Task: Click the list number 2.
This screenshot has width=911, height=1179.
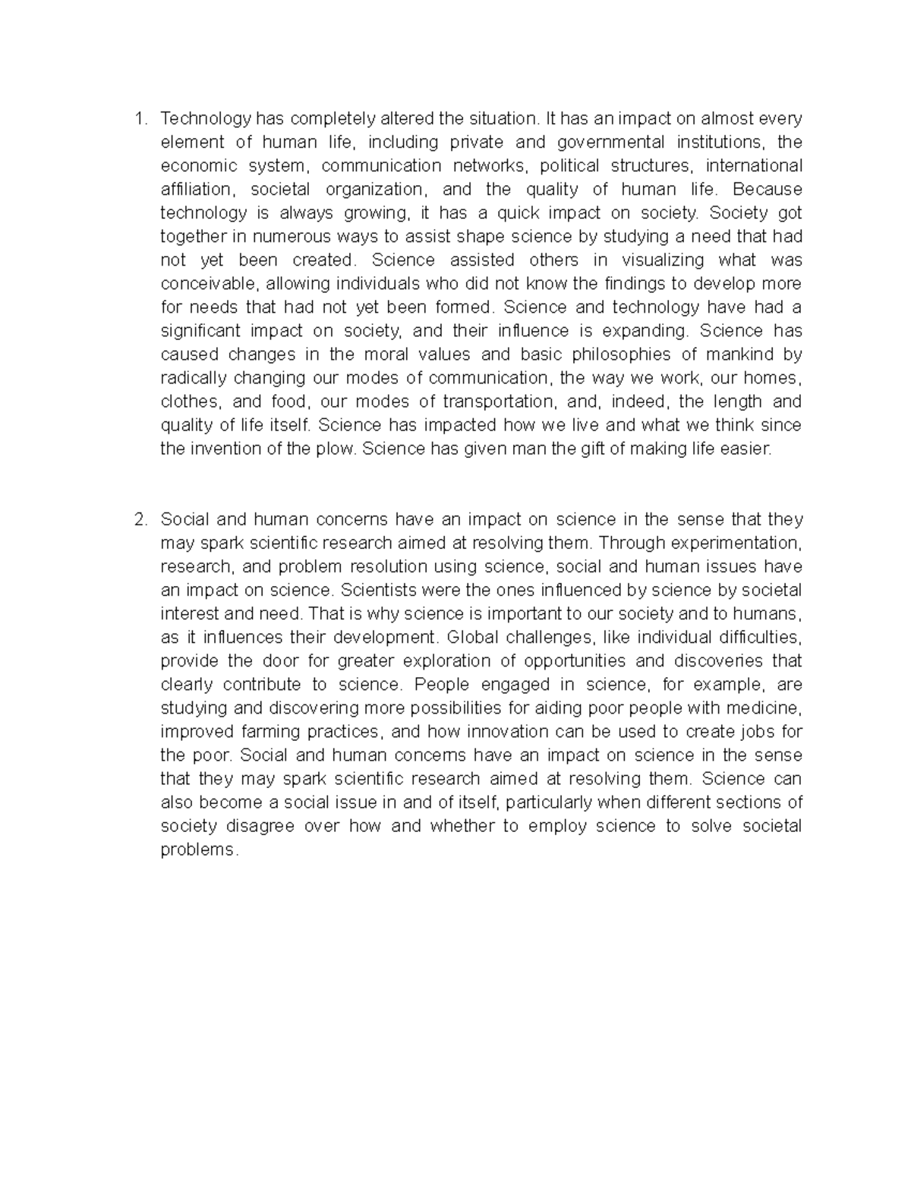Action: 138,520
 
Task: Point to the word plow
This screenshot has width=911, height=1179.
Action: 336,449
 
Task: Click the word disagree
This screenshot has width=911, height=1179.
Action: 260,826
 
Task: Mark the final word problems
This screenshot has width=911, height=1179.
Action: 199,850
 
